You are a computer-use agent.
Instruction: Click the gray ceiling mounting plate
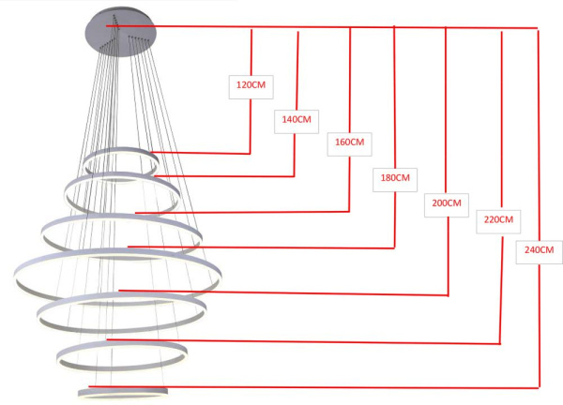click(121, 32)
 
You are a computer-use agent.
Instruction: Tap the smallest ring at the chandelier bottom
click(123, 387)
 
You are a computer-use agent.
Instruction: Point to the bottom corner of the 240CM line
click(539, 388)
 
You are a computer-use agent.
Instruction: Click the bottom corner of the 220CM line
click(500, 344)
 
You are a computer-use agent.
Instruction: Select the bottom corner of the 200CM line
click(449, 295)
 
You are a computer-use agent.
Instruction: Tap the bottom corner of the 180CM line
click(395, 247)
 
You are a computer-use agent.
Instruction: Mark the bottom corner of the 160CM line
click(349, 212)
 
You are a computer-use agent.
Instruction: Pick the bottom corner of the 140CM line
click(295, 176)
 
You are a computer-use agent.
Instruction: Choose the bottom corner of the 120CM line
click(250, 154)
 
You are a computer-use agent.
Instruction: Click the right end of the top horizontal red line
click(537, 28)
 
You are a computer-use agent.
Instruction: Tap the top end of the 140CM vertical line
click(298, 32)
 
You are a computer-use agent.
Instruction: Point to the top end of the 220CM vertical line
click(502, 32)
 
